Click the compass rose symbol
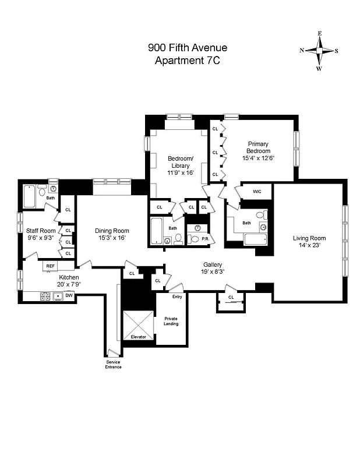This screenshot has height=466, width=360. (319, 51)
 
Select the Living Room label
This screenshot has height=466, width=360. (309, 238)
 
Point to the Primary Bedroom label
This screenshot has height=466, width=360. (258, 147)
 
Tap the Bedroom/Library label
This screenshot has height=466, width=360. (177, 162)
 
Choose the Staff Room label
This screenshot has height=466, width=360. (41, 231)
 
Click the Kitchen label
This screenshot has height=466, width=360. (69, 277)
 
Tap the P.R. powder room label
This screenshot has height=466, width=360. (206, 239)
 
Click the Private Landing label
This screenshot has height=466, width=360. (171, 321)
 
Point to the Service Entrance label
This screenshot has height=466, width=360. (113, 364)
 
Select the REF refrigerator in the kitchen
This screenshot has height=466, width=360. (51, 266)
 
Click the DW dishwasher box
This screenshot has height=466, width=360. (69, 296)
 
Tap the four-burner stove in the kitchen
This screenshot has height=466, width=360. (44, 296)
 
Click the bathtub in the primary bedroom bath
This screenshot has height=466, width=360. (255, 239)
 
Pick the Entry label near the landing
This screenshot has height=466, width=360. (177, 297)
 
